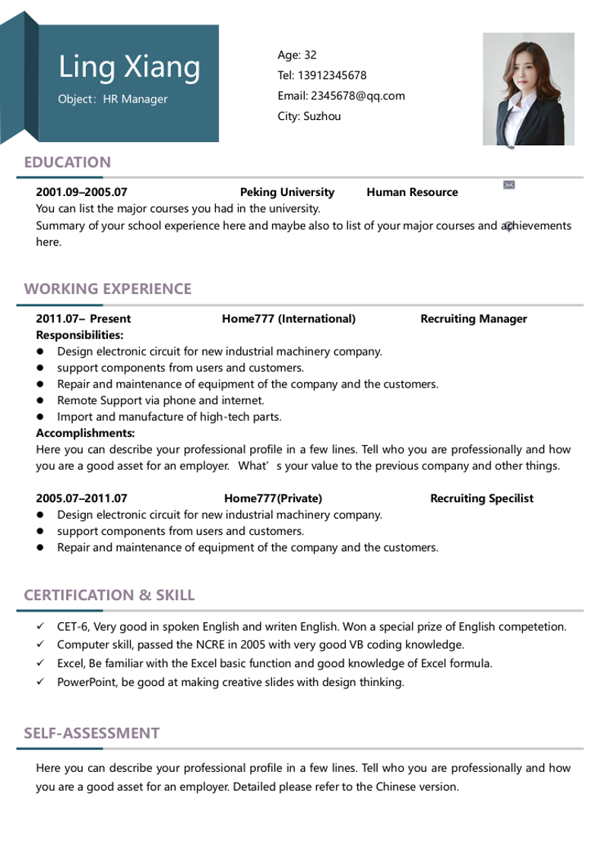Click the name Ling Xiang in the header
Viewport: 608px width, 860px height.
(x=130, y=67)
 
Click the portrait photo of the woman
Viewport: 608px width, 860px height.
(x=528, y=89)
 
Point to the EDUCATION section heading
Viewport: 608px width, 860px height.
(x=68, y=162)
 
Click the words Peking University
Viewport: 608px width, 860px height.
(x=287, y=192)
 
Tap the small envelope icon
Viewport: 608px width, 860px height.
(x=509, y=185)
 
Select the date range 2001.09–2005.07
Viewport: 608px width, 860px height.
(x=81, y=192)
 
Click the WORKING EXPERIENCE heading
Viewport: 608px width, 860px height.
(x=108, y=289)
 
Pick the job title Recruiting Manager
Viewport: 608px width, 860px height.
(x=473, y=319)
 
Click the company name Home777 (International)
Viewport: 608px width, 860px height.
(x=289, y=319)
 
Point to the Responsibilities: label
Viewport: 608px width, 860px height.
(x=80, y=335)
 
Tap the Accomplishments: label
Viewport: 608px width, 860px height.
(x=85, y=433)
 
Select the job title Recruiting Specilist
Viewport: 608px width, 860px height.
(x=482, y=498)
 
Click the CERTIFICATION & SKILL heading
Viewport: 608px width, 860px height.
(x=109, y=595)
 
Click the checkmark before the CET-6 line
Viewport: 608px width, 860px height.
(x=40, y=627)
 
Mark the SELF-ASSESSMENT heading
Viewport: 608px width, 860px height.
(x=92, y=733)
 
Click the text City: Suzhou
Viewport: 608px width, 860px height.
(x=309, y=116)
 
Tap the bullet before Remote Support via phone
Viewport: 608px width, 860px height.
(x=40, y=400)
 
